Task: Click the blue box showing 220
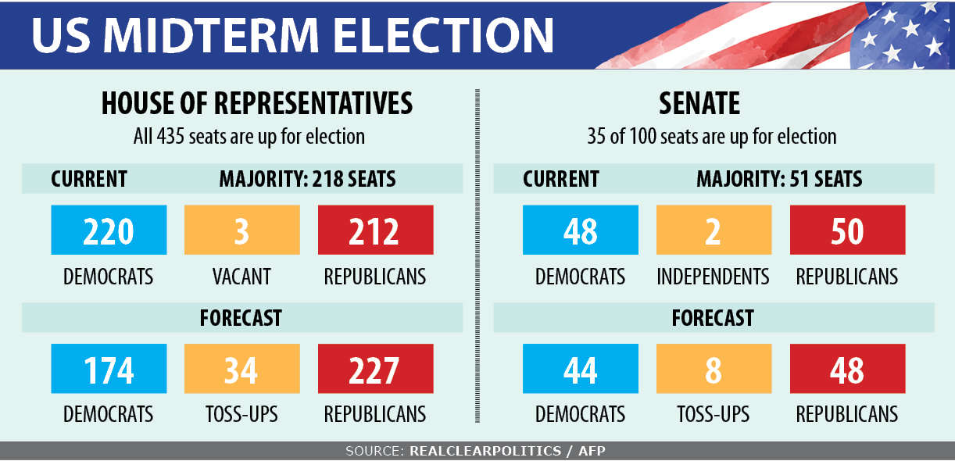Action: pos(109,230)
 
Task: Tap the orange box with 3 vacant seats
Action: pos(241,230)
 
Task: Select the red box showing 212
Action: pos(375,230)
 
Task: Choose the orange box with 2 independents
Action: pos(714,230)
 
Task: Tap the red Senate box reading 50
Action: pos(847,230)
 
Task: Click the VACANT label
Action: pos(241,277)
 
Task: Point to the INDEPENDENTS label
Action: pos(713,277)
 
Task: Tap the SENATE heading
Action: pos(699,104)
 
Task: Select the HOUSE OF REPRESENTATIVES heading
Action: pos(257,104)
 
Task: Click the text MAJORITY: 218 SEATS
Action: pos(307,179)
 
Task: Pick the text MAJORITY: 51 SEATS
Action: pos(779,179)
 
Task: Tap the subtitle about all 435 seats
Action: pos(249,137)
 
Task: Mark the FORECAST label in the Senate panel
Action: pos(713,318)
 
